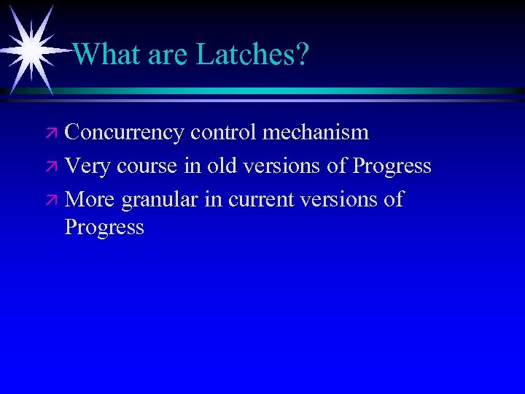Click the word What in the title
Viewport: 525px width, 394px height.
107,54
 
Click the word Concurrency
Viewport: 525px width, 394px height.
124,133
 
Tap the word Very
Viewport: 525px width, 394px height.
87,166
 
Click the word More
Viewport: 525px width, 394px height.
90,199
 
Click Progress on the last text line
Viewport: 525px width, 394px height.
104,228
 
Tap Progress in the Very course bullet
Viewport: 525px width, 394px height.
392,166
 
